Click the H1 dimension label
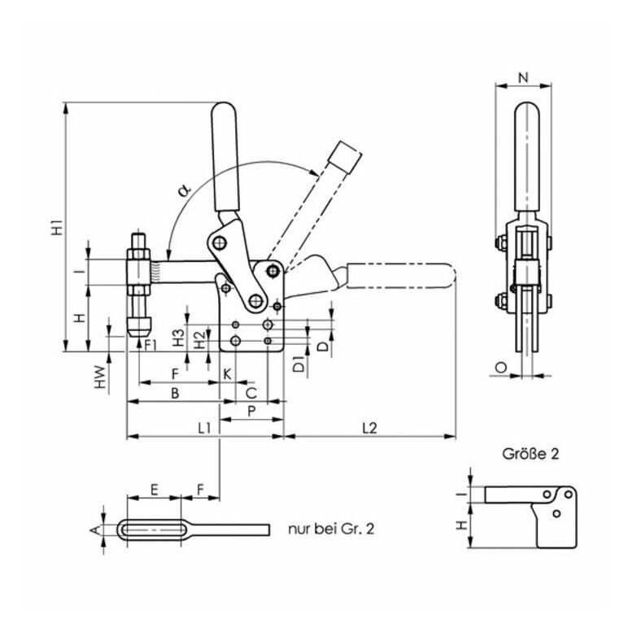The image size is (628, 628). pos(56,228)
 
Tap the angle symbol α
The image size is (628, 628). pos(184,190)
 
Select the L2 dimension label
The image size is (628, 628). pos(368,428)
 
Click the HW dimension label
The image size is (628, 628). pos(99,376)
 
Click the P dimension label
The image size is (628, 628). pos(251,412)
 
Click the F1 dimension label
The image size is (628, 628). pos(151,343)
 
